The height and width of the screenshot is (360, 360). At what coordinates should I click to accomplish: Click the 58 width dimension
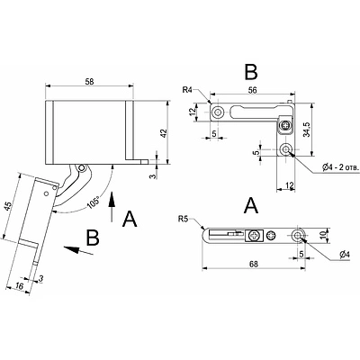pos(89,81)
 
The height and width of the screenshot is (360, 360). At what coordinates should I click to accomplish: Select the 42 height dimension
pos(164,133)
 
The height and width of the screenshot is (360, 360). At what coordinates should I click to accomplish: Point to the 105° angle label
pos(94,202)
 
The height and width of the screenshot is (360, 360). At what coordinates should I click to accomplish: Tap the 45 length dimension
pos(9,207)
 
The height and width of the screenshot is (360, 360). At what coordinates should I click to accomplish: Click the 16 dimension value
pos(19,286)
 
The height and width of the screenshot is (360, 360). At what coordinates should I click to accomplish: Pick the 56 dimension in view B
pos(252,90)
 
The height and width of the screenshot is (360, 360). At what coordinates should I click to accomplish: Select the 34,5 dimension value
pos(307,130)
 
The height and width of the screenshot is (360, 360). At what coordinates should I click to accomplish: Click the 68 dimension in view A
pos(254,264)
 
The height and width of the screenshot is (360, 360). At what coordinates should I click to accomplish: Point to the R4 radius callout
pos(189,90)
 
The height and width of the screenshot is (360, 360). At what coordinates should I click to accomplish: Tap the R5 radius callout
pos(184,219)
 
